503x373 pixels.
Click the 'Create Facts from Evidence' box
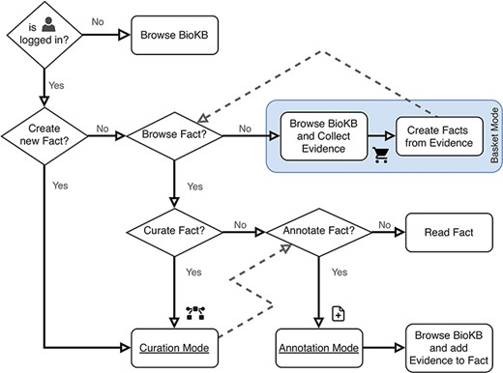click(436, 137)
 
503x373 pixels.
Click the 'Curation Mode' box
click(173, 345)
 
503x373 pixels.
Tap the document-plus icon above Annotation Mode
click(339, 312)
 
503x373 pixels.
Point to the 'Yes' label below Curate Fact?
click(193, 273)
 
